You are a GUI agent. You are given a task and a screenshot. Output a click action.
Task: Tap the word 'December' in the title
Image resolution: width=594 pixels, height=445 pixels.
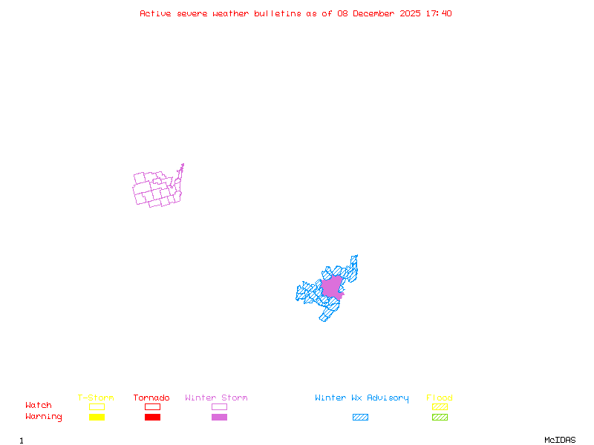click(376, 13)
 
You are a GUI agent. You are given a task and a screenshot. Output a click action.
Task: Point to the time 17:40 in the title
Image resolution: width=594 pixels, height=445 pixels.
click(437, 13)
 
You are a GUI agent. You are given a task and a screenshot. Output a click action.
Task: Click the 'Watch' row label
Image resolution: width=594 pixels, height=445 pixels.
click(39, 406)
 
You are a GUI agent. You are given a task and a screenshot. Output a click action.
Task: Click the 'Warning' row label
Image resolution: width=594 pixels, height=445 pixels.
click(44, 417)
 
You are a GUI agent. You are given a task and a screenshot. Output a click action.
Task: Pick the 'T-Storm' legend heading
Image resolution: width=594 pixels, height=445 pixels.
click(96, 398)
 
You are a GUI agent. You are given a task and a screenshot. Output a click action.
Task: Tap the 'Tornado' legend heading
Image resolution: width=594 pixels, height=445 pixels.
click(151, 398)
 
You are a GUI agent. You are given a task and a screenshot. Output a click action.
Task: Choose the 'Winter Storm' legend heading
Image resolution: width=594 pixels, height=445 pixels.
click(216, 398)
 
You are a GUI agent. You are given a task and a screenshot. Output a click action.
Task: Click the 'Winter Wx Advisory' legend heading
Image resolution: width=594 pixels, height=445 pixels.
click(362, 398)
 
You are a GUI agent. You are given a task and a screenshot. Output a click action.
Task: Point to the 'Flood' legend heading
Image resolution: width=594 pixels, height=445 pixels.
click(440, 398)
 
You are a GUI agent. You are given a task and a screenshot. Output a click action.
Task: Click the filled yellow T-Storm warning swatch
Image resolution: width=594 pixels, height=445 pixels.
click(97, 417)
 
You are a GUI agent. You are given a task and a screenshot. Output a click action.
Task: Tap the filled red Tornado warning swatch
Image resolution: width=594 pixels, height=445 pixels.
click(152, 417)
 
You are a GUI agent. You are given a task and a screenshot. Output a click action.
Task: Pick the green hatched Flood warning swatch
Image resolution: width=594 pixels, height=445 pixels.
click(440, 417)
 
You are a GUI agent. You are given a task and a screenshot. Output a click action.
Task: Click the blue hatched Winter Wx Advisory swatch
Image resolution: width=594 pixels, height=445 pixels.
click(360, 417)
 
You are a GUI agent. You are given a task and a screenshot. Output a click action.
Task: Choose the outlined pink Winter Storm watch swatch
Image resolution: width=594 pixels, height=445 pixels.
click(219, 406)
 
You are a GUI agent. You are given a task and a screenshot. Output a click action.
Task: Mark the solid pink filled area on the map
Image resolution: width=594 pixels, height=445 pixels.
click(331, 286)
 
